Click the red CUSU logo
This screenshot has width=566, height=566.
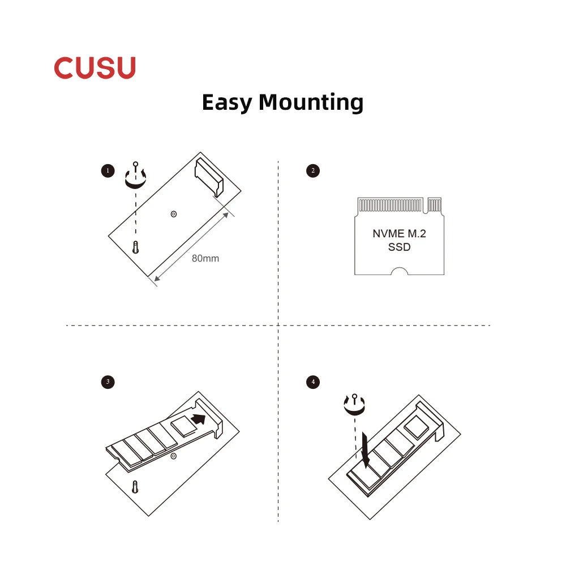pos(95,68)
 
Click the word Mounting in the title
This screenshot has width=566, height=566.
pos(311,103)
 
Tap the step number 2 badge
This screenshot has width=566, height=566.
pos(313,170)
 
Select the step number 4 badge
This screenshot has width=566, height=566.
pos(313,382)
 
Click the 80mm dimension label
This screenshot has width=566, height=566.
pos(205,259)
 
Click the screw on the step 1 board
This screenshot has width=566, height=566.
pos(136,247)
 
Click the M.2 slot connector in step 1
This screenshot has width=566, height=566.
pos(209,178)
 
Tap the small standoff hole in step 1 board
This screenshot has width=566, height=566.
pos(173,214)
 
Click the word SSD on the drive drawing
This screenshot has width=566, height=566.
pos(400,247)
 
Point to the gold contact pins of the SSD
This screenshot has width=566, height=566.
pos(391,205)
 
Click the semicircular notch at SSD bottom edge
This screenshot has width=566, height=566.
pos(400,272)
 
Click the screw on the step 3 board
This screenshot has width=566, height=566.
pos(135,487)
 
